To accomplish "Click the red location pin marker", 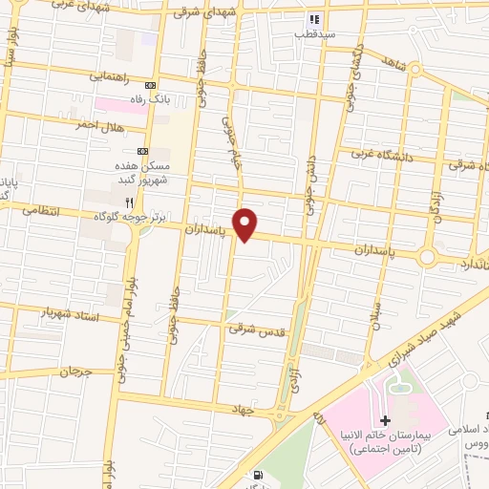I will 246,223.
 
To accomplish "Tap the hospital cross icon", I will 385,420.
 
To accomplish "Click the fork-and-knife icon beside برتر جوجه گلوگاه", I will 129,202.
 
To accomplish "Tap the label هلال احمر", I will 103,126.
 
